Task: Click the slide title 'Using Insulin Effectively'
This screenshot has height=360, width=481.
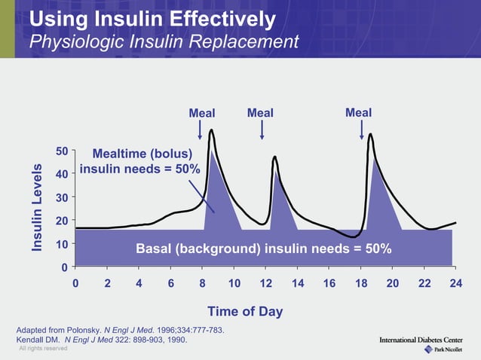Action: click(152, 17)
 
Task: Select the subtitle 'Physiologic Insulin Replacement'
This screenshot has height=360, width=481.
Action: click(164, 41)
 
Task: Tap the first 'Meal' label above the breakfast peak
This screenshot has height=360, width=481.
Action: click(201, 113)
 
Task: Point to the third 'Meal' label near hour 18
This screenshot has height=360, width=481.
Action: click(358, 112)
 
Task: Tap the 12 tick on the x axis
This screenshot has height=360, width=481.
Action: click(265, 283)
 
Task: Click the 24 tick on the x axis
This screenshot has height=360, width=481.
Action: click(455, 283)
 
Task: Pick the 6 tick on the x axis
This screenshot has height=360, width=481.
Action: click(170, 283)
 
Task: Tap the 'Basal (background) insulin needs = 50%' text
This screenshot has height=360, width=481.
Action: click(263, 249)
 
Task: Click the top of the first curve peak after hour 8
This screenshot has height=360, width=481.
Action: click(211, 130)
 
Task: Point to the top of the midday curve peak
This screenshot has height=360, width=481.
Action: click(274, 157)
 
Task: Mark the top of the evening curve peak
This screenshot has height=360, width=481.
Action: click(370, 135)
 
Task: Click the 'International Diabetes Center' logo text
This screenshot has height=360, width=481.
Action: click(421, 340)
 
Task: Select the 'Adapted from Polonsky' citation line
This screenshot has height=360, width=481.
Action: click(119, 330)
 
